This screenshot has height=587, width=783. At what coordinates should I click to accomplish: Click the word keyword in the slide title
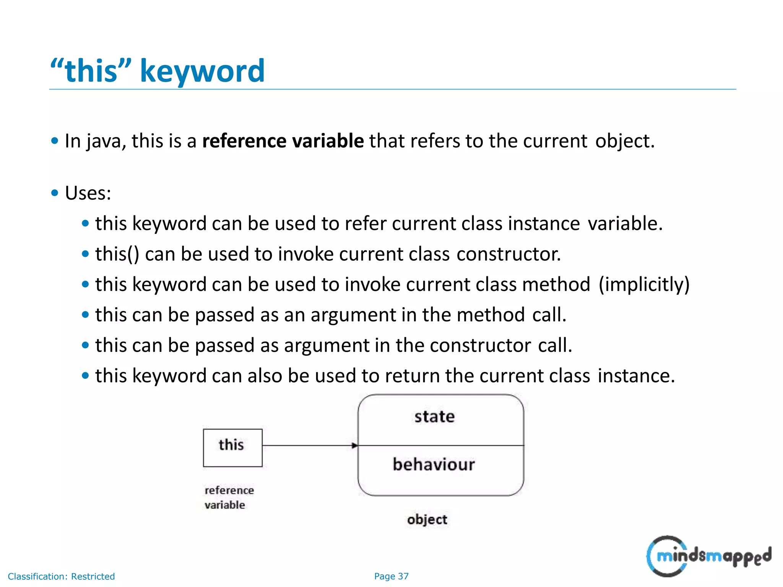tap(202, 71)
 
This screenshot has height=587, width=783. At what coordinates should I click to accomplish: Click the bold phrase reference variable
tap(283, 141)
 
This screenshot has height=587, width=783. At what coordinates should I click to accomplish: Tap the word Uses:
tap(88, 193)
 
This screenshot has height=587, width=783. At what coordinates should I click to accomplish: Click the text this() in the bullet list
tap(117, 254)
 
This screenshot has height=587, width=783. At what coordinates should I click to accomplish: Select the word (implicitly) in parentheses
tap(644, 284)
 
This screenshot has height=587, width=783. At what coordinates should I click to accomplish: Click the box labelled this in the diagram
tap(232, 448)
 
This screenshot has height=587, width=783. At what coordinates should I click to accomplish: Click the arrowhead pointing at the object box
tap(354, 446)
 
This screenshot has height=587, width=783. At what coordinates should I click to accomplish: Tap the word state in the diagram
tap(435, 417)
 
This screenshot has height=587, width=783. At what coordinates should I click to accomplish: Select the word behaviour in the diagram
tap(434, 465)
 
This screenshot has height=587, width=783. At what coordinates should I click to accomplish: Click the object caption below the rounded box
tap(427, 520)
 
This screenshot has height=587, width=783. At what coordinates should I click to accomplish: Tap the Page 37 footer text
tap(391, 576)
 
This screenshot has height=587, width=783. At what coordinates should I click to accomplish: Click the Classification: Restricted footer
tap(61, 576)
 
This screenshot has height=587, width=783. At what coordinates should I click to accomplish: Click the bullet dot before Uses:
tap(55, 193)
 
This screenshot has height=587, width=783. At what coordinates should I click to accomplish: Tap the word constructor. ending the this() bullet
tap(508, 254)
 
